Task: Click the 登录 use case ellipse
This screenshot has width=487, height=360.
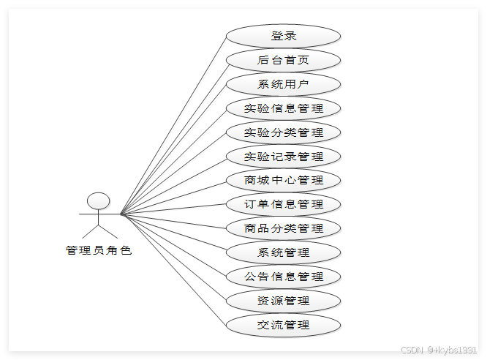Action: [x=283, y=36]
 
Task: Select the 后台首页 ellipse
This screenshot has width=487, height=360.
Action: [x=283, y=60]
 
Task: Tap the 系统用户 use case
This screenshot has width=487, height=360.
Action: [x=283, y=84]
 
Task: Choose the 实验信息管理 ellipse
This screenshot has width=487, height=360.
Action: [x=283, y=108]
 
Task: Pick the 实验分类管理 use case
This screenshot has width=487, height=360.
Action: [x=283, y=132]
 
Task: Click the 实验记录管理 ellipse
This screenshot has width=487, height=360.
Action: [x=283, y=156]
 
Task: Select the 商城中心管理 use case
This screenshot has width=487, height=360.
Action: [x=283, y=180]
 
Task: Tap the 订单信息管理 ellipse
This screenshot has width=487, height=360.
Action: [x=283, y=204]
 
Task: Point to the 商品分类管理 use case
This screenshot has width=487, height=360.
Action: [x=283, y=228]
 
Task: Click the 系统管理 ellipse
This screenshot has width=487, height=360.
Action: [x=283, y=252]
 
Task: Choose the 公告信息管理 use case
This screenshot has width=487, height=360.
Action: [x=283, y=277]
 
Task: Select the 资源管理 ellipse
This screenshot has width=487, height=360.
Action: [x=283, y=301]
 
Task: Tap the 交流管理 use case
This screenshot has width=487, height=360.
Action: [x=283, y=325]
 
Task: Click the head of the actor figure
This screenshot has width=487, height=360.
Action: [x=99, y=201]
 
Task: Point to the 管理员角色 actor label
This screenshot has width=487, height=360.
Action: [x=99, y=250]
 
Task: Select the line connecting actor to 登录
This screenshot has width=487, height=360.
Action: [x=174, y=125]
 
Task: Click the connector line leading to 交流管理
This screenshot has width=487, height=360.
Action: [x=174, y=270]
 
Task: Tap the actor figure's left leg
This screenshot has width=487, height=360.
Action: [x=91, y=231]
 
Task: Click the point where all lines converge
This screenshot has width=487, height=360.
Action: [x=121, y=214]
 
